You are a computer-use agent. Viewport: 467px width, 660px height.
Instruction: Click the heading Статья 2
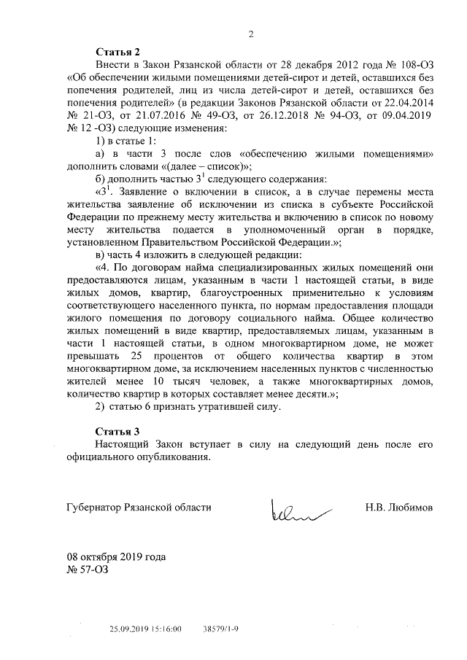(x=118, y=52)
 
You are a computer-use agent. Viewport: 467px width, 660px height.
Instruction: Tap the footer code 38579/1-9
(x=221, y=627)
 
